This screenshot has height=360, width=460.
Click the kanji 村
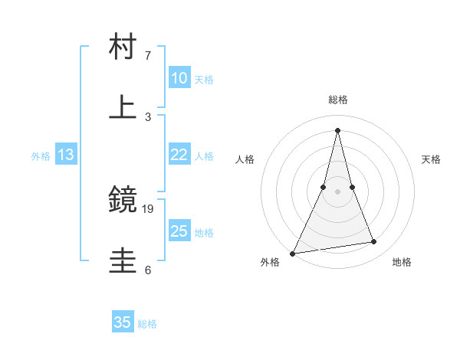[123, 47]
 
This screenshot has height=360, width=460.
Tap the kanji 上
[123, 107]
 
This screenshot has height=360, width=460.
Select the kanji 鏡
[123, 200]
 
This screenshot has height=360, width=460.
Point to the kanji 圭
[123, 260]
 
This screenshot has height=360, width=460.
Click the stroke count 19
[148, 208]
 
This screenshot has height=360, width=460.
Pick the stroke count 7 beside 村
[148, 56]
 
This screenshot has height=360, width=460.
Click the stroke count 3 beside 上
[148, 116]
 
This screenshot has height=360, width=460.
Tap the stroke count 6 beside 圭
[148, 269]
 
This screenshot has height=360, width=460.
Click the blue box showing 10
[179, 78]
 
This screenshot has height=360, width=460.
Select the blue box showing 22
[179, 155]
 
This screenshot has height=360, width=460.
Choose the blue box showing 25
[179, 231]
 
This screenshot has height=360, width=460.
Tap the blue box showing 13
[66, 155]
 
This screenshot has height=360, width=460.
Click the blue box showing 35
[123, 322]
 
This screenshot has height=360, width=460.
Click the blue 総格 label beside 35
[147, 324]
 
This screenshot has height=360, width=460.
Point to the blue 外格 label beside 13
[41, 156]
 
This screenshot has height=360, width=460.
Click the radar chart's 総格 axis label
[337, 100]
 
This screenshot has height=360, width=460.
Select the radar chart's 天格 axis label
[431, 159]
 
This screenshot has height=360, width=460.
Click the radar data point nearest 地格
[374, 242]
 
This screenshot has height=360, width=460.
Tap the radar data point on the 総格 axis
[337, 129]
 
